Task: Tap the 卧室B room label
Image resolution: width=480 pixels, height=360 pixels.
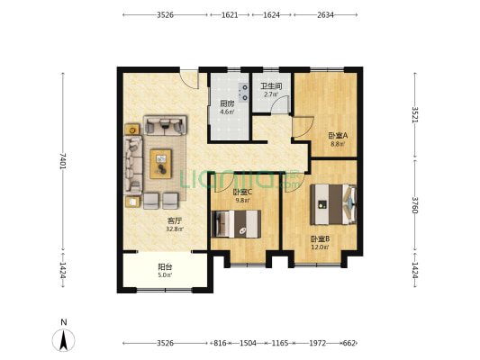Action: pyautogui.click(x=320, y=238)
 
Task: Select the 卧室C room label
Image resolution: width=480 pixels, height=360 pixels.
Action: pyautogui.click(x=242, y=193)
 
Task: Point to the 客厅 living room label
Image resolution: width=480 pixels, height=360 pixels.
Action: pyautogui.click(x=175, y=220)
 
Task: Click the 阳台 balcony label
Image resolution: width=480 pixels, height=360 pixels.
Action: pyautogui.click(x=165, y=266)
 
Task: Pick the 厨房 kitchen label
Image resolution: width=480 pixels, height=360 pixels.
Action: pyautogui.click(x=227, y=103)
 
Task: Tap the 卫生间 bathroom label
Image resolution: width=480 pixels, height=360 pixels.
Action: pyautogui.click(x=271, y=86)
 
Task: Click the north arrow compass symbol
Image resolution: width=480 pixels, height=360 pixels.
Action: pyautogui.click(x=64, y=340)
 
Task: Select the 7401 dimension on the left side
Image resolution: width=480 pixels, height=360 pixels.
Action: pyautogui.click(x=63, y=161)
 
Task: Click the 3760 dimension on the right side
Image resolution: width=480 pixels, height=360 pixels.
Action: pyautogui.click(x=415, y=205)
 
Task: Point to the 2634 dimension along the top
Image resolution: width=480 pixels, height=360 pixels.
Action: pyautogui.click(x=325, y=15)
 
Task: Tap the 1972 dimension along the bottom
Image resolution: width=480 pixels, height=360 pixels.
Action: pyautogui.click(x=318, y=343)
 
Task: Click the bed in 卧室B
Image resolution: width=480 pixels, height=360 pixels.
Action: pyautogui.click(x=333, y=204)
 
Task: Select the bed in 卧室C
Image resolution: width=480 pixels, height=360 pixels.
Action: pyautogui.click(x=236, y=224)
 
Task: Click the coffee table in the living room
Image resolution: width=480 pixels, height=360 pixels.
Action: pyautogui.click(x=160, y=164)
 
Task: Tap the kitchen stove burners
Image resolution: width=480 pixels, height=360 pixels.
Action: pyautogui.click(x=245, y=93)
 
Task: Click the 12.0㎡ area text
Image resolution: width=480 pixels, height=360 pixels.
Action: pyautogui.click(x=320, y=247)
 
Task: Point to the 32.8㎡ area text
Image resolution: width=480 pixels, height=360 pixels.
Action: pyautogui.click(x=175, y=229)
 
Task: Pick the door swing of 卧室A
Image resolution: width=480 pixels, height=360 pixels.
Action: pyautogui.click(x=303, y=127)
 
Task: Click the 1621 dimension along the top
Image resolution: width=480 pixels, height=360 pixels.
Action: pyautogui.click(x=230, y=15)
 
